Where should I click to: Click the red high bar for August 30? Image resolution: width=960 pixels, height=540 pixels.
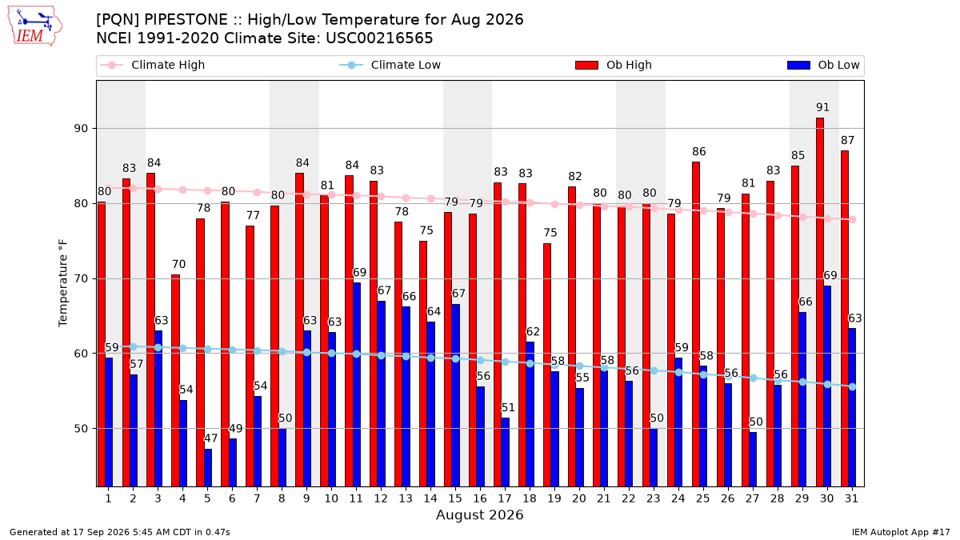tap(820, 302)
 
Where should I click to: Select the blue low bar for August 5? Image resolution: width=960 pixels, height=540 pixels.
tap(208, 468)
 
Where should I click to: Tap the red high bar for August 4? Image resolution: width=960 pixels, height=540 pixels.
tap(175, 381)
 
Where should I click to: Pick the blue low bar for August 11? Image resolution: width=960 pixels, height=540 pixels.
tap(357, 385)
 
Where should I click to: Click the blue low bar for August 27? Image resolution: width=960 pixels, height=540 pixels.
tap(753, 459)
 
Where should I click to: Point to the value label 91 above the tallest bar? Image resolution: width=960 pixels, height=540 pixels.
tap(822, 107)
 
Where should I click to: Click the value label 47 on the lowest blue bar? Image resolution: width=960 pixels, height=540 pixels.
tap(210, 438)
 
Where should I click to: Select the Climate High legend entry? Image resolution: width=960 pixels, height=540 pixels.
tap(153, 65)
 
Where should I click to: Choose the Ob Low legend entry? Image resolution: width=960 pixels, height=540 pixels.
tap(823, 65)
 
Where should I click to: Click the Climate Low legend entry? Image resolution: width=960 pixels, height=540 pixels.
tap(390, 65)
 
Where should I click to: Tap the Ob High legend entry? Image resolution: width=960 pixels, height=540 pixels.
tap(614, 65)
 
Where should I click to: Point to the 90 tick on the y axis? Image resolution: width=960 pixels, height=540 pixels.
tap(81, 129)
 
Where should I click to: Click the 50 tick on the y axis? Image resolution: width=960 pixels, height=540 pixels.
tap(81, 429)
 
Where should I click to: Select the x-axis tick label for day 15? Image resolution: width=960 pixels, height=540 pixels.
tap(455, 498)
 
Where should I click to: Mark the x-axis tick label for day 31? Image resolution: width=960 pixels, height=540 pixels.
tap(851, 498)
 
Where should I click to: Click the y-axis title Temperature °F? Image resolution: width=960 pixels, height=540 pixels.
tap(63, 283)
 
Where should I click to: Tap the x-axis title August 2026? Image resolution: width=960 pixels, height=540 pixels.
tap(479, 514)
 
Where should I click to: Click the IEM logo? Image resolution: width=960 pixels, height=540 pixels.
tap(34, 26)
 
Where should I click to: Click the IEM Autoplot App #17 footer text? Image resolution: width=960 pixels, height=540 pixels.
tap(901, 532)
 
